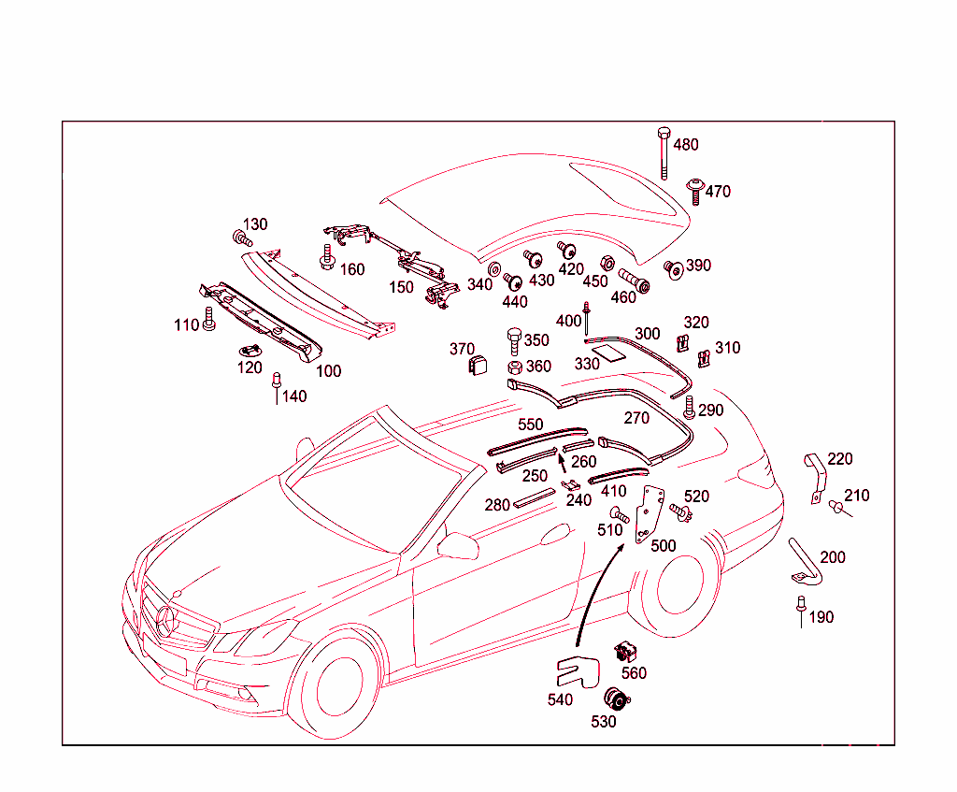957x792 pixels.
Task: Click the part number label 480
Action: coord(686,145)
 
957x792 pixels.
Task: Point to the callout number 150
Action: coord(401,287)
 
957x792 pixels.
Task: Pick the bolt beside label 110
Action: coord(208,319)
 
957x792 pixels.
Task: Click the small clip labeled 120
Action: coord(250,350)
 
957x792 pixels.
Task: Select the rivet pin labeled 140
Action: coord(276,383)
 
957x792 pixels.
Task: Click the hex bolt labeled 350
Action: coord(515,338)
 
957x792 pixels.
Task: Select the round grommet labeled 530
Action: coord(616,698)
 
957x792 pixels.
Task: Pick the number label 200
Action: coord(832,557)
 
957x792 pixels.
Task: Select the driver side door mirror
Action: coord(460,544)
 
